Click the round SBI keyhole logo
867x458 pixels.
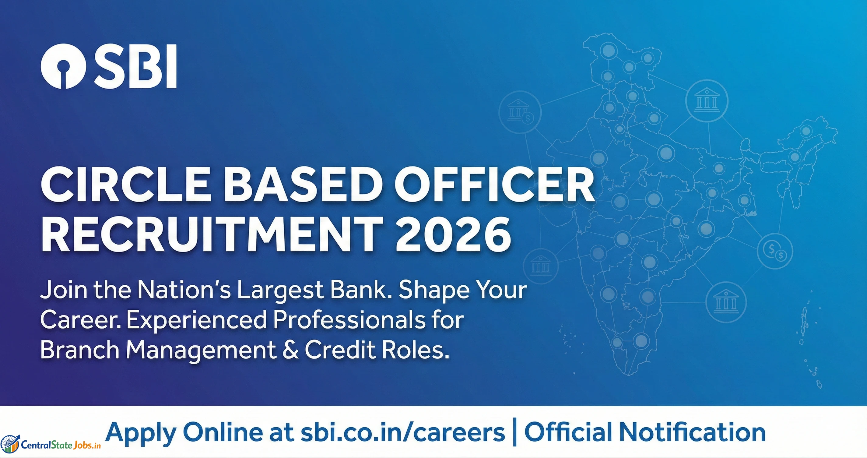tap(63, 66)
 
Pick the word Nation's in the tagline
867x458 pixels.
tap(184, 290)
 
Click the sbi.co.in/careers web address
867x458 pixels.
tap(402, 432)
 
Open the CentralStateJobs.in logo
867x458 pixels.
tap(51, 444)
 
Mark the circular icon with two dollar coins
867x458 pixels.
tap(775, 251)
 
